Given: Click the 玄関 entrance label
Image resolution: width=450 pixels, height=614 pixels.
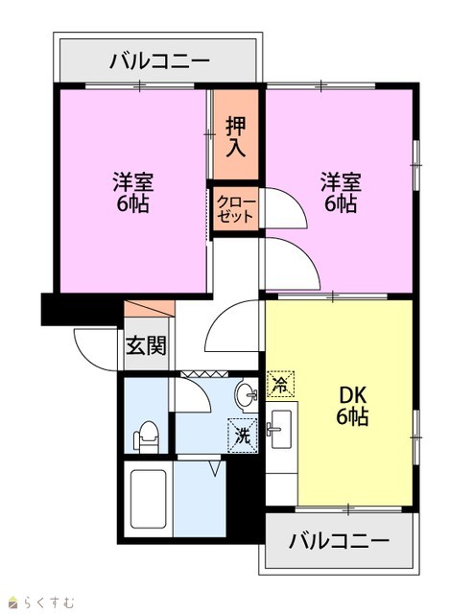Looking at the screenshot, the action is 146,345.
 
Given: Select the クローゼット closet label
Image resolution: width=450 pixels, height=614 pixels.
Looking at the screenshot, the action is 236,209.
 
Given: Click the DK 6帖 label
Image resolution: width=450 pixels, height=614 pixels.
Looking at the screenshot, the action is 352,406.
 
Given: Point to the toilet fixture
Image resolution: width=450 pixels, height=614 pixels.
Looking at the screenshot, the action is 146,437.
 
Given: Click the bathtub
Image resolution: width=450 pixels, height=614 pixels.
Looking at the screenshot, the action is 148,499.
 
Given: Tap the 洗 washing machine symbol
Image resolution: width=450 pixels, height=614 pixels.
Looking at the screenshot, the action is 243,436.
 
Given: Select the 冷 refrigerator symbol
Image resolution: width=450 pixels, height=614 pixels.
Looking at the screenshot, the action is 280,384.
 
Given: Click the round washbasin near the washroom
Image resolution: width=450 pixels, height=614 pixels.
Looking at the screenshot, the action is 246,394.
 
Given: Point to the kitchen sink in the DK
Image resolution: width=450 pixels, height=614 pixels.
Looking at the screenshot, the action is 281,429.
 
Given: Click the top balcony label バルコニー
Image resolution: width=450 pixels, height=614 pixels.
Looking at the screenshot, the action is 159,61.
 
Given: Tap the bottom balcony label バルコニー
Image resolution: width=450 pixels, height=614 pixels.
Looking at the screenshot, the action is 339,541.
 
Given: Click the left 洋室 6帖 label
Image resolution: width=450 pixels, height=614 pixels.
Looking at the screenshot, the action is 133,193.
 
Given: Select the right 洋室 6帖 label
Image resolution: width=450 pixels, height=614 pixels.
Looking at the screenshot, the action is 341,193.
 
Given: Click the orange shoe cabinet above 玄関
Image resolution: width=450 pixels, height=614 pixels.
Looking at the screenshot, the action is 150,309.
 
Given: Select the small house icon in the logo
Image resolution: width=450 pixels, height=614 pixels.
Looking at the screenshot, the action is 14,602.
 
